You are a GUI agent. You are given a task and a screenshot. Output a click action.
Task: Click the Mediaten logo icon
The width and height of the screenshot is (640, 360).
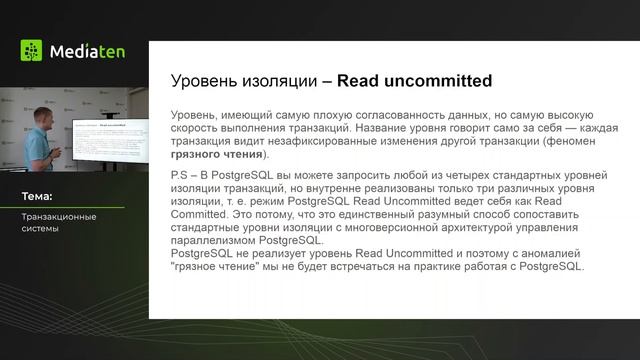[31, 50]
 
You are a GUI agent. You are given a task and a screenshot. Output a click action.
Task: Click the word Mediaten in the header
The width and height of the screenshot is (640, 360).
[84, 50]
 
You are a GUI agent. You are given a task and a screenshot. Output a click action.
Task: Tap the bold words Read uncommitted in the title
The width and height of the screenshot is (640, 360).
[414, 80]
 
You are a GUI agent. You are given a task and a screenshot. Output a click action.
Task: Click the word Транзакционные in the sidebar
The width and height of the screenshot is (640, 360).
[59, 216]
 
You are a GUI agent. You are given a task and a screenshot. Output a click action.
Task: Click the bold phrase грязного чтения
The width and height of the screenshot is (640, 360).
[223, 155]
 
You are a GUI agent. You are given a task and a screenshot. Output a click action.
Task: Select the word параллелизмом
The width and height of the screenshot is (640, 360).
[217, 241]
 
